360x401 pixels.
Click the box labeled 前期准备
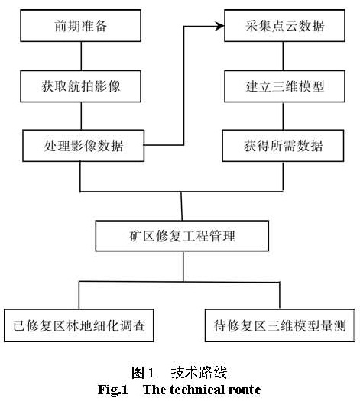pos(80,25)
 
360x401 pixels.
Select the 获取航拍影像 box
pos(80,86)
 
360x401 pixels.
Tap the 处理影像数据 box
pos(83,146)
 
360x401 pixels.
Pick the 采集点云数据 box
pos(284,25)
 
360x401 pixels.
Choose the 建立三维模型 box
pos(284,86)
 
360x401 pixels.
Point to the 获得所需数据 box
pos(283,146)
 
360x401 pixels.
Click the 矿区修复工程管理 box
pos(182,236)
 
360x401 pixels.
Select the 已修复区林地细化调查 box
pos(79,325)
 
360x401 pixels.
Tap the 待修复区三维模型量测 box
pos(280,325)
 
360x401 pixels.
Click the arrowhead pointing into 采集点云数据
pos(219,26)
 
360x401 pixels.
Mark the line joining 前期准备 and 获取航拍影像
pos(81,56)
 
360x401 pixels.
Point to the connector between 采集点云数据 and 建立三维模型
pos(283,56)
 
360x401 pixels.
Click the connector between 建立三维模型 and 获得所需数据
pos(283,116)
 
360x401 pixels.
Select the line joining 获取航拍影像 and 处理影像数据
pos(81,116)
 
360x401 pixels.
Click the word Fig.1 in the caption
pos(113,390)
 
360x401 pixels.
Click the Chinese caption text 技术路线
pos(199,373)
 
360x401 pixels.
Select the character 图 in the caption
pos(138,373)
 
